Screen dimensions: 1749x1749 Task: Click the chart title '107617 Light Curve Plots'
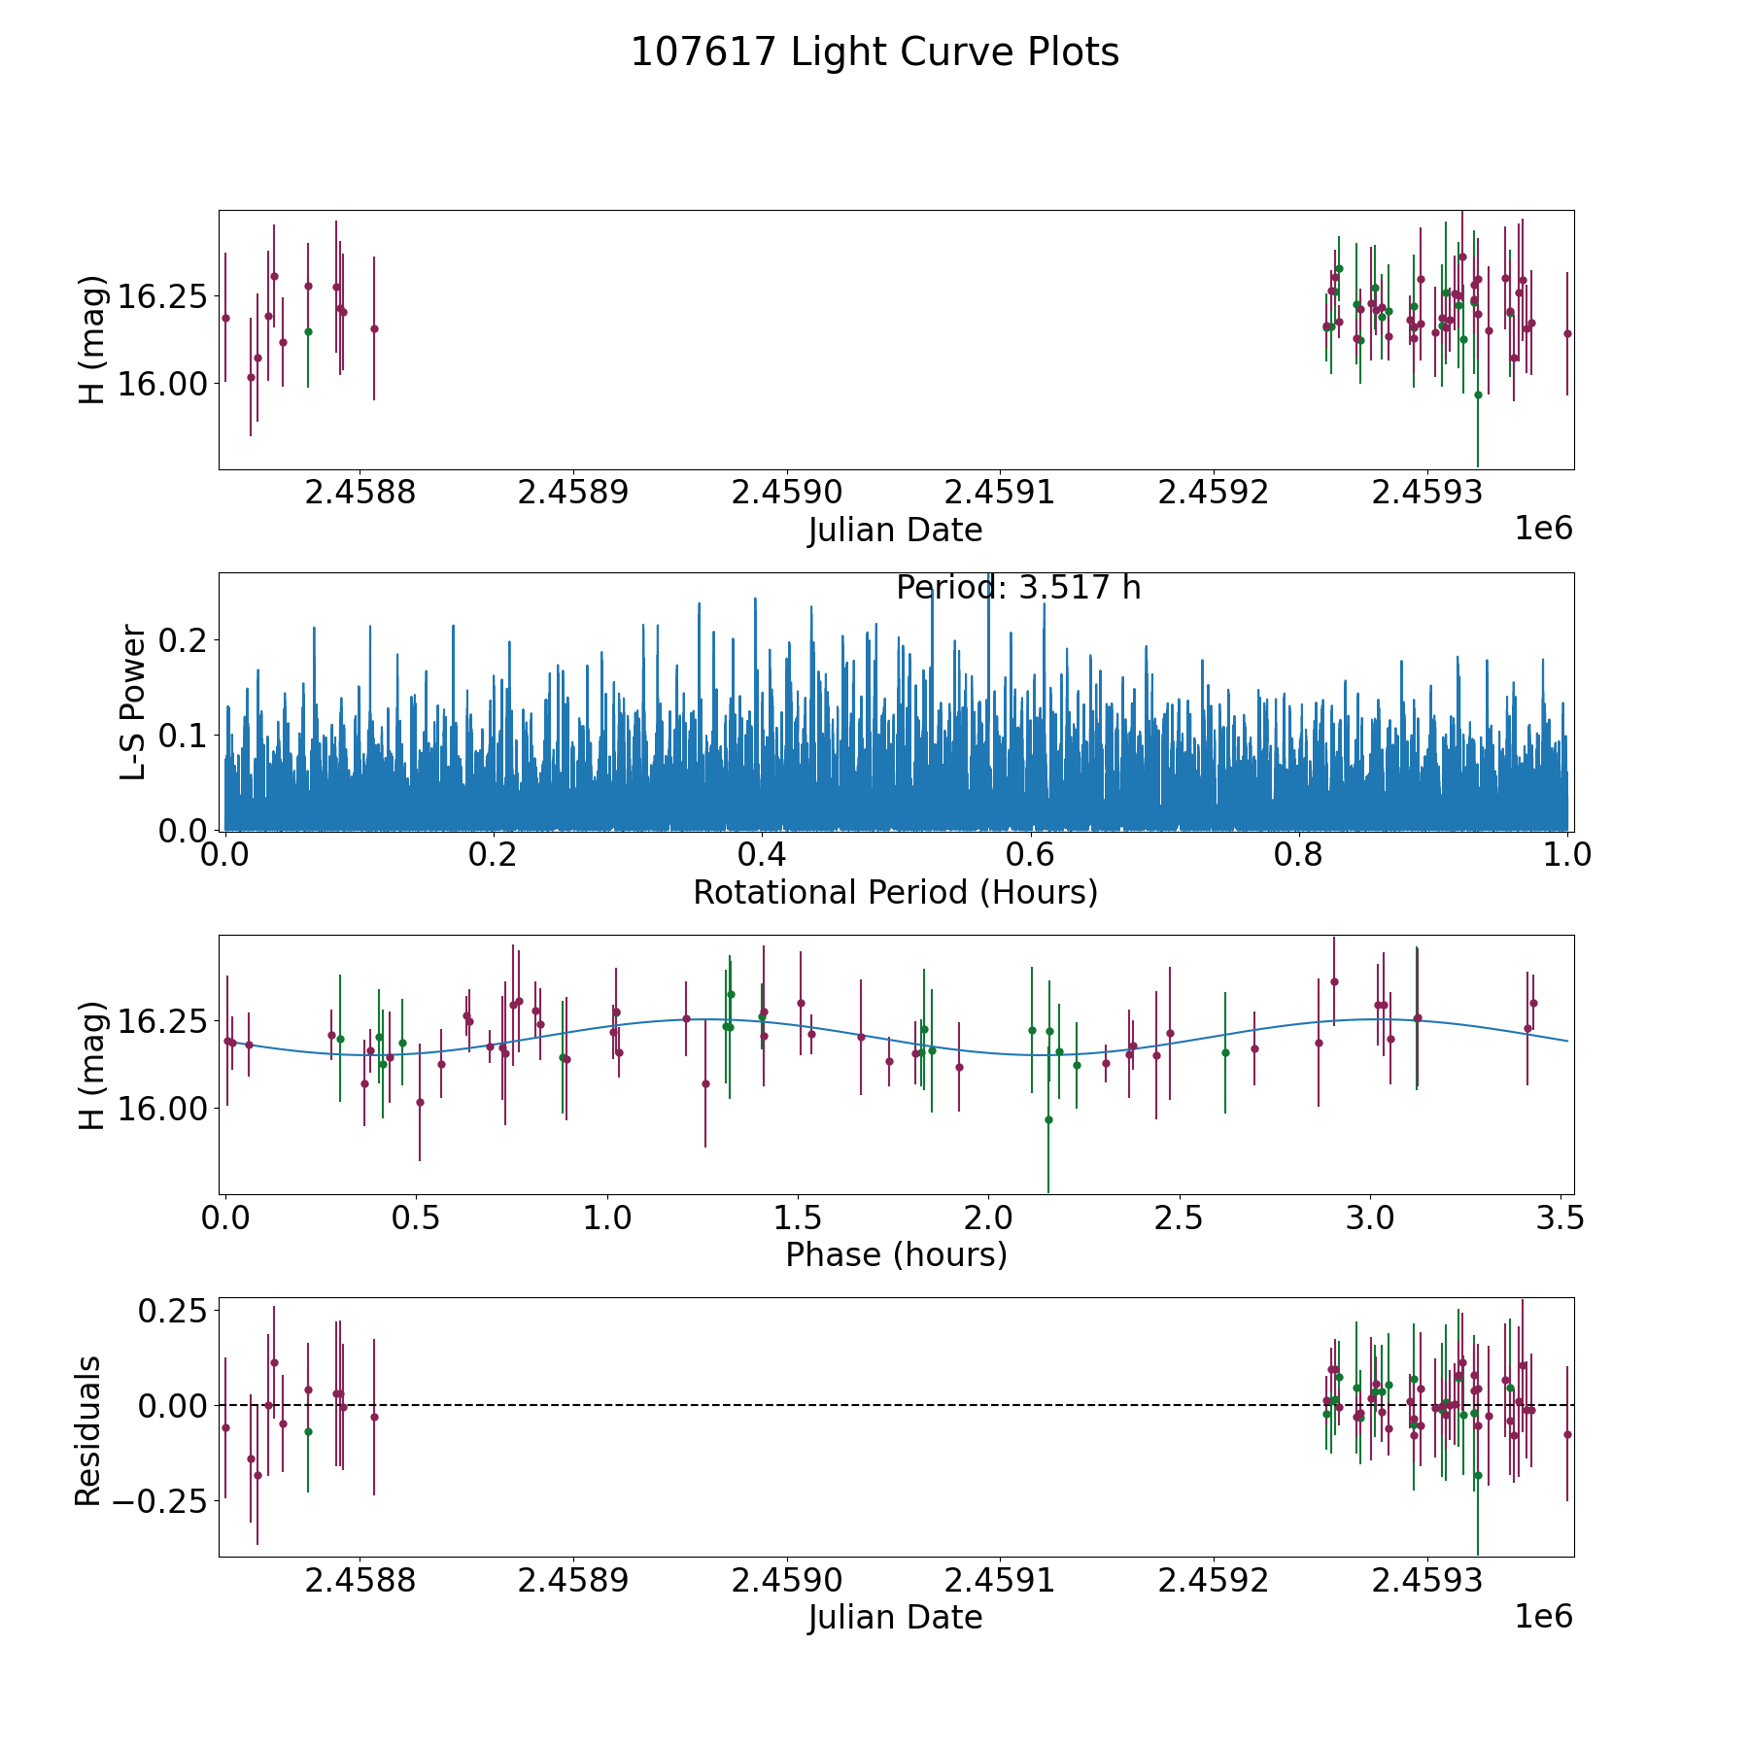[874, 52]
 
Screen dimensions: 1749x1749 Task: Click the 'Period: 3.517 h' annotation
[1018, 588]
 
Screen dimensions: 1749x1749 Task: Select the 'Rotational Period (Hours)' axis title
[895, 892]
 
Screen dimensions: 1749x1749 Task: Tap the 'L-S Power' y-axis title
[133, 702]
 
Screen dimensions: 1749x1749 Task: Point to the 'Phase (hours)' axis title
[896, 1254]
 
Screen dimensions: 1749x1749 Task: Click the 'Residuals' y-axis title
[88, 1430]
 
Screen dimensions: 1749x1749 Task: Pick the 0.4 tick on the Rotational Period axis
[762, 855]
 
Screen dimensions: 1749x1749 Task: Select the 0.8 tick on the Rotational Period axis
[1299, 855]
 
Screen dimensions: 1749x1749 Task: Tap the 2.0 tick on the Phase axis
[988, 1218]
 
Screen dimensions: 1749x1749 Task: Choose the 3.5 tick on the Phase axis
[1560, 1218]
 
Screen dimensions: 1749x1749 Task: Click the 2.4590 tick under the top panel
[786, 493]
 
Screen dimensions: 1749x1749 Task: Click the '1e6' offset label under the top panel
[1543, 529]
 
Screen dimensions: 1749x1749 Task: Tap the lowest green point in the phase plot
[1048, 1119]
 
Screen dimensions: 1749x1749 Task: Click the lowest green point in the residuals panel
[1478, 1475]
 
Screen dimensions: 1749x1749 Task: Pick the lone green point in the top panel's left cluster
[308, 331]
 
